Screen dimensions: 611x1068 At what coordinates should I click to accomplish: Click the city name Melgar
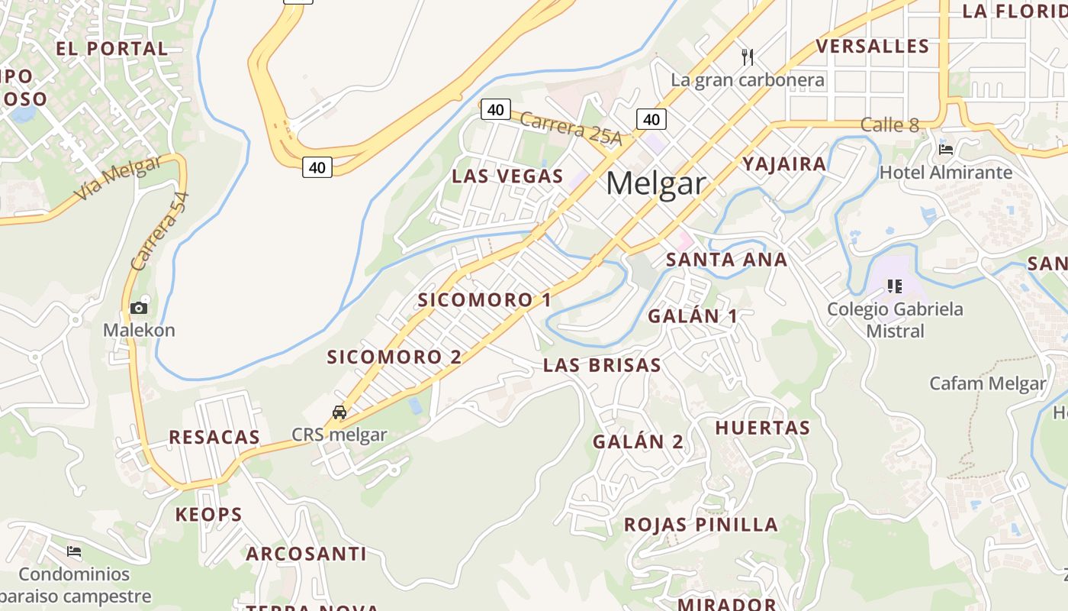coord(656,184)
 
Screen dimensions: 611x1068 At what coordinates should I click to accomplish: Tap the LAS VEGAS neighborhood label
coord(507,176)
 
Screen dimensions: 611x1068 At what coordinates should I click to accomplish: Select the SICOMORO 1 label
coord(484,300)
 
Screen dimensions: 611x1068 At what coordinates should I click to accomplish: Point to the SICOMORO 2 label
coord(394,357)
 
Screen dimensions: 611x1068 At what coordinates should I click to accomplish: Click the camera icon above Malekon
coord(139,308)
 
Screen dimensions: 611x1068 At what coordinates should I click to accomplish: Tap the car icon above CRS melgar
coord(339,412)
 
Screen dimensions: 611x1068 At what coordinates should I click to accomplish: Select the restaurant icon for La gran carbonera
coord(748,57)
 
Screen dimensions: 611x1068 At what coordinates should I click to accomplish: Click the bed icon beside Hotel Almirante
coord(946,150)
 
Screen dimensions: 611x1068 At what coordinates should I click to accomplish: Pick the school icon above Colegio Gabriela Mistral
coord(894,286)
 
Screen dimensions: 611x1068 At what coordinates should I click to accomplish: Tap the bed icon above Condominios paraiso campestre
coord(74,551)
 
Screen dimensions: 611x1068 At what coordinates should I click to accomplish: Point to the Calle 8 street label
coord(889,124)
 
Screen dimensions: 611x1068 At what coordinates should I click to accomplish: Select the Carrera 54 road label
coord(159,231)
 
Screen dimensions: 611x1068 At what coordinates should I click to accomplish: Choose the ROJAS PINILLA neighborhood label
coord(701,525)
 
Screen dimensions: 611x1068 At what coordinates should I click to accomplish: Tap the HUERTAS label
coord(762,428)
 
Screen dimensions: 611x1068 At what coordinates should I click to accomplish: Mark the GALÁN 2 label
coord(639,442)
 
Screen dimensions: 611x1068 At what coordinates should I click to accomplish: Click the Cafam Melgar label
coord(987,383)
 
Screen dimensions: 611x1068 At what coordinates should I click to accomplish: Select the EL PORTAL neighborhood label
coord(112,49)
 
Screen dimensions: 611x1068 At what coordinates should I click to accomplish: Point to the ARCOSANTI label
coord(306,554)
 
